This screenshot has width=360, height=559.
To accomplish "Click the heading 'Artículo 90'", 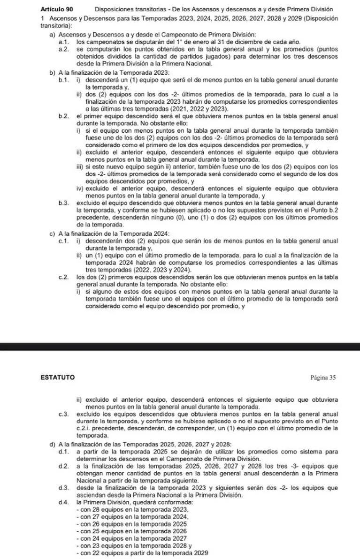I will (x=58, y=9).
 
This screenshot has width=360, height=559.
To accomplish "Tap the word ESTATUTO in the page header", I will (x=57, y=377).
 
